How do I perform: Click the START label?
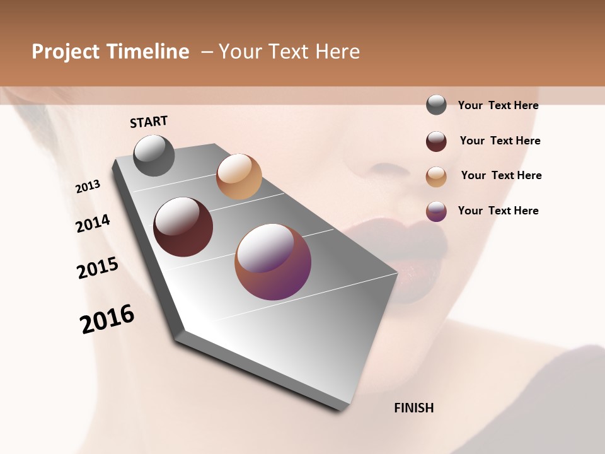click(x=149, y=122)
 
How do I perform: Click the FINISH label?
click(x=414, y=408)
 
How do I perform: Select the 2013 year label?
click(x=88, y=186)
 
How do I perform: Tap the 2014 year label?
click(x=93, y=223)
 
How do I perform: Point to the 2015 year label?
click(x=98, y=268)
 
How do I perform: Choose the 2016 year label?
click(x=107, y=319)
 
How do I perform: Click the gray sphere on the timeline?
click(x=154, y=155)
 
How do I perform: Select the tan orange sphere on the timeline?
click(x=239, y=177)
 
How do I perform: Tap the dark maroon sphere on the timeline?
click(x=183, y=227)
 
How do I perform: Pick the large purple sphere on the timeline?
click(x=273, y=262)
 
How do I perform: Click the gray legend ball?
click(x=436, y=105)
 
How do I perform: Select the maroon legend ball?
click(x=436, y=141)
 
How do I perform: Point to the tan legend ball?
click(x=436, y=177)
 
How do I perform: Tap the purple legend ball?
click(x=436, y=211)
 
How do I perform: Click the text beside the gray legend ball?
click(x=498, y=105)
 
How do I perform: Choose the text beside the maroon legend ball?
click(x=500, y=141)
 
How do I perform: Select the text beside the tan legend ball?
click(x=501, y=175)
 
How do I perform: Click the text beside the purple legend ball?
click(x=498, y=211)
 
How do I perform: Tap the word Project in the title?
click(x=64, y=52)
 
